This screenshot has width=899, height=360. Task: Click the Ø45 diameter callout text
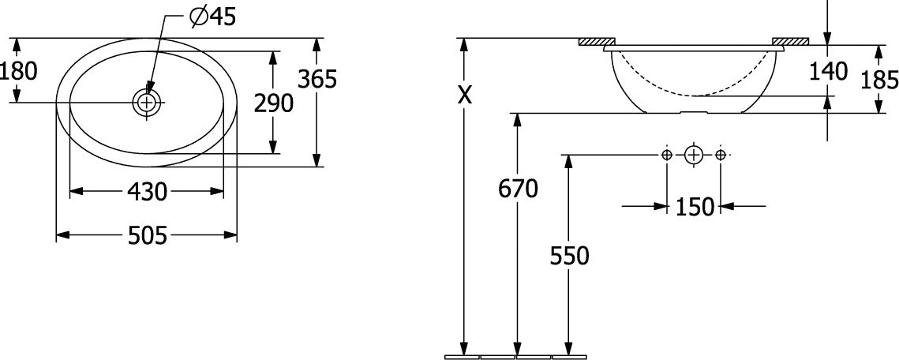[212, 18]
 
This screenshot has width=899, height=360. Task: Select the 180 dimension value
[18, 71]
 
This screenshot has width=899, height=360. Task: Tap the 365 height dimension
[317, 79]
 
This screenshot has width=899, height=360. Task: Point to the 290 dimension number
[274, 103]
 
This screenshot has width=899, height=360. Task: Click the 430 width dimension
[147, 192]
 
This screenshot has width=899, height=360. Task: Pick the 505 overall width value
[147, 235]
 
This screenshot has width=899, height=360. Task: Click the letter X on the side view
[465, 96]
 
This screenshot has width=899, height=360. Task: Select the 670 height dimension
[519, 189]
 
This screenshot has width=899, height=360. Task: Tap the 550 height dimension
[569, 257]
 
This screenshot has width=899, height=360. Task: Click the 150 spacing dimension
[695, 206]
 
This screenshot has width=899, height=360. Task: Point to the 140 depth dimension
[828, 71]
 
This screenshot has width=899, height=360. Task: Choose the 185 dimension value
[880, 81]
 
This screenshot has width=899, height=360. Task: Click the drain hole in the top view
[148, 103]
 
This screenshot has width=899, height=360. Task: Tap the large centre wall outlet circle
[693, 154]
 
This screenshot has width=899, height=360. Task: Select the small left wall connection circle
[666, 154]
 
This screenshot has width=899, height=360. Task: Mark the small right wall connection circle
[721, 154]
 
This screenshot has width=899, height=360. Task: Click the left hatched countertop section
[597, 41]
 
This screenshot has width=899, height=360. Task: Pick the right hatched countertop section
[791, 41]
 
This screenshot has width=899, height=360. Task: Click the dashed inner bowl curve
[694, 95]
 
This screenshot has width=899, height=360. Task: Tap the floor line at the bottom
[516, 357]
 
